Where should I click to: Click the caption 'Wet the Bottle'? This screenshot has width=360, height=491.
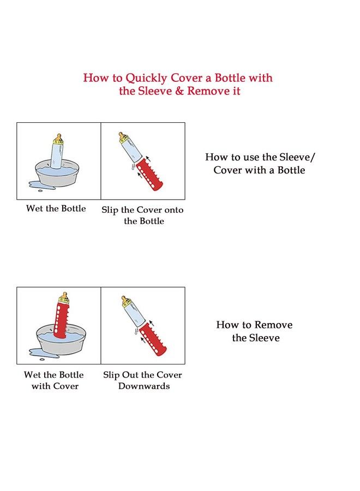click(56, 209)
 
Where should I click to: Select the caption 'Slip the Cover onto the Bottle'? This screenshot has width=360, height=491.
click(143, 215)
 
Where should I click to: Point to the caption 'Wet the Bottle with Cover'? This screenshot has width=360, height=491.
click(54, 380)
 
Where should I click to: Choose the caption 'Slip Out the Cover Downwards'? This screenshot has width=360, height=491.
click(143, 380)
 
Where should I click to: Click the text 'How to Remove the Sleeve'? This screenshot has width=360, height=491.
click(255, 331)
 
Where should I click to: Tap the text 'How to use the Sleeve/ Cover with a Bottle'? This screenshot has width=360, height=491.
click(260, 164)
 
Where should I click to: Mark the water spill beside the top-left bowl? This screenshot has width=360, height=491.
click(36, 187)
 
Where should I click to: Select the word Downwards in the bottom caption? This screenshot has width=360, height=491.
click(144, 386)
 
